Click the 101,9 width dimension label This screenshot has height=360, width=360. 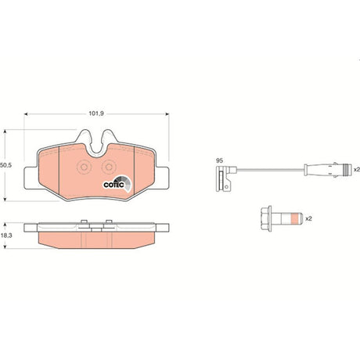point(96,113)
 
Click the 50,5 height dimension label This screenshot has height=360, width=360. point(6,165)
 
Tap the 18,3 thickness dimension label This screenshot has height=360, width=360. point(6,235)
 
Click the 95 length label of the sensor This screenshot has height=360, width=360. point(219,160)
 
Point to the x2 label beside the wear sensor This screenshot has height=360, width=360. point(357,170)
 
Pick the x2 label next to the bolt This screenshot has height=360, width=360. point(308,218)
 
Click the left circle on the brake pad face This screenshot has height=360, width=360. point(84,167)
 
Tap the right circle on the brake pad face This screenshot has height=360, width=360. point(109,167)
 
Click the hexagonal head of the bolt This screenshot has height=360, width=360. point(266,218)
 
